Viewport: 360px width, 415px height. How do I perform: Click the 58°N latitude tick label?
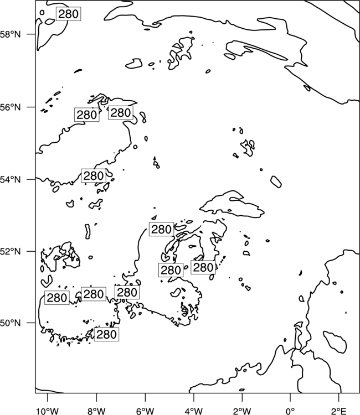click(x=10, y=34)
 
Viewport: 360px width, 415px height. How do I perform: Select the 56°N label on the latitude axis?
click(x=10, y=107)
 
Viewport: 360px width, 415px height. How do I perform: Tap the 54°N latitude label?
click(x=10, y=180)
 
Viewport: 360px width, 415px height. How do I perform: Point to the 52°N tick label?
click(x=10, y=251)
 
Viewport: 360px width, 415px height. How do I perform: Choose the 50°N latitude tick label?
click(x=10, y=323)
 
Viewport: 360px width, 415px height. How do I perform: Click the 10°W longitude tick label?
click(x=48, y=411)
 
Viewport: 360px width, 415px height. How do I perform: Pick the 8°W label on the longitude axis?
click(x=96, y=411)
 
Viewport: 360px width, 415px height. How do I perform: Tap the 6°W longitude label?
click(x=145, y=411)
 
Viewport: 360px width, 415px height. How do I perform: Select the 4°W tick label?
click(x=194, y=411)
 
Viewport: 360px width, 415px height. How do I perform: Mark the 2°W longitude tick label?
click(x=242, y=411)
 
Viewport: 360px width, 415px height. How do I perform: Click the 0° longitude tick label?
click(x=290, y=411)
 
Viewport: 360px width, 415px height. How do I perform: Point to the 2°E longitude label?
click(x=339, y=411)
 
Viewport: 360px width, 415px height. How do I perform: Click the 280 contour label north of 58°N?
click(x=69, y=14)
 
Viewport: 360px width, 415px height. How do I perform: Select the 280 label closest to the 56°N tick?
click(x=86, y=115)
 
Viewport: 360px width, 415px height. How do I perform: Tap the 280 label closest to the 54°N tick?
click(x=94, y=176)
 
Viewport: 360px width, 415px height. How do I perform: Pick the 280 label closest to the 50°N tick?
click(x=57, y=298)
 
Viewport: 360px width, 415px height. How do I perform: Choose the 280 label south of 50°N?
click(x=106, y=334)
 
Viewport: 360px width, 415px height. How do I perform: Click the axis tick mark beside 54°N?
click(x=31, y=179)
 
